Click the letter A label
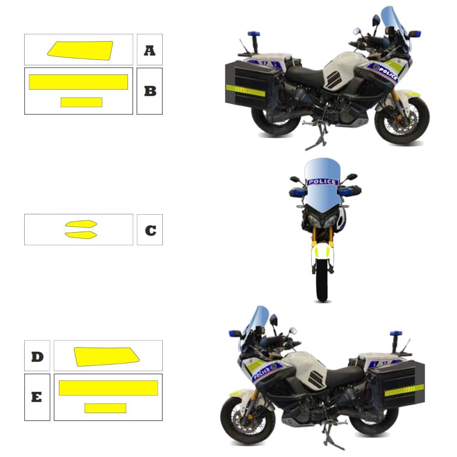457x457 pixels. [149, 50]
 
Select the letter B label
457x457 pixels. [150, 91]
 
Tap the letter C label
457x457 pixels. [150, 230]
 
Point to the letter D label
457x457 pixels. [37, 356]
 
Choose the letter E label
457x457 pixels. [37, 397]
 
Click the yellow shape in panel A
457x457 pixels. [80, 51]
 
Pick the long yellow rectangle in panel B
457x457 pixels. [79, 82]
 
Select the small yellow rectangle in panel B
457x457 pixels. [81, 102]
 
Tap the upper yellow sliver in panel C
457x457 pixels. [81, 224]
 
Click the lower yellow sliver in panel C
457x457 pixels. [81, 235]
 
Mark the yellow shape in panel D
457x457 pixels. [106, 357]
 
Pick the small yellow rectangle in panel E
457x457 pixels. [105, 408]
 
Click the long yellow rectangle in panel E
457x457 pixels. [108, 388]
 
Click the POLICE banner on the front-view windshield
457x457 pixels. [322, 182]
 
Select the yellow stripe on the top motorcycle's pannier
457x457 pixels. [245, 90]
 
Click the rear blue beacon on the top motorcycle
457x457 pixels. [254, 34]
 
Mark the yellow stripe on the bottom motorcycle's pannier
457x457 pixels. [404, 390]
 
